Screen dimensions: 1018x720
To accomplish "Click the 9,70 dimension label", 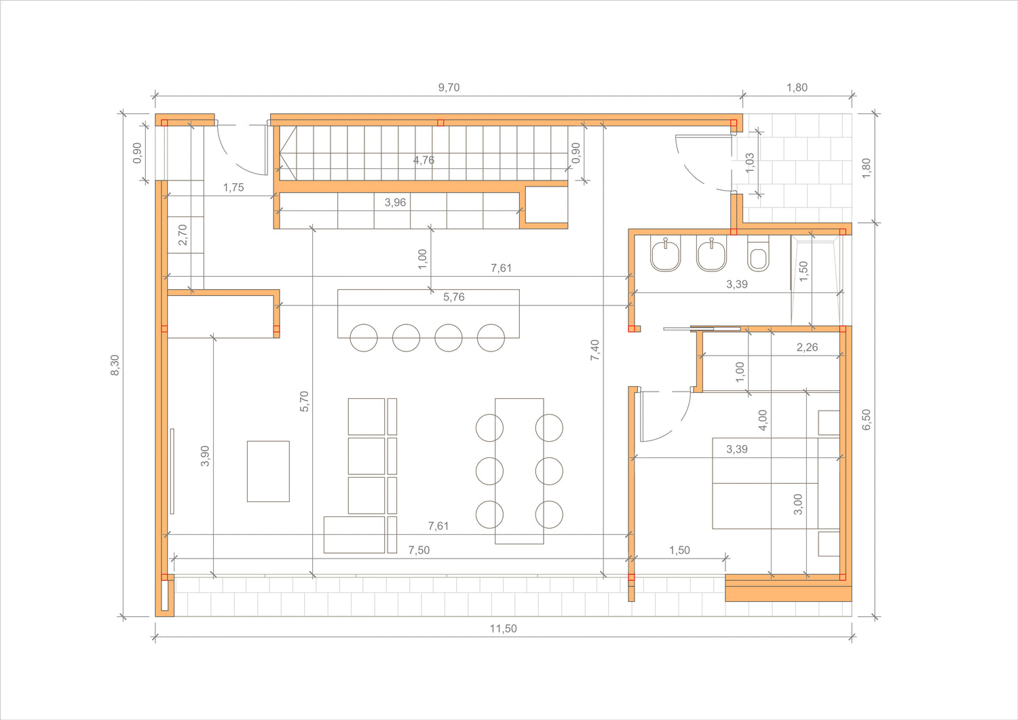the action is pos(449,88).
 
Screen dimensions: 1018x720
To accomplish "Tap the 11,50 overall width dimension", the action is pos(503,628).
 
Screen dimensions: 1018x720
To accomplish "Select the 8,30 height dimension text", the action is pos(115,365).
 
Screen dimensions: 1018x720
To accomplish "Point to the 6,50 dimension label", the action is pos(866,419).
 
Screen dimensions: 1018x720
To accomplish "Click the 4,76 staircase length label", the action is pos(423,160).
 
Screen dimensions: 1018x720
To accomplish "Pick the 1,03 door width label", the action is pos(750,163).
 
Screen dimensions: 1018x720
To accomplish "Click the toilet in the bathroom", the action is pos(758,253).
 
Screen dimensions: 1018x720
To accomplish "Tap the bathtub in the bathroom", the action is pos(816,280).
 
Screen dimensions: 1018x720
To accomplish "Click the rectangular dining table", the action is pos(519,471).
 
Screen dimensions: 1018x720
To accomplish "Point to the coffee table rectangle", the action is pos(268,471).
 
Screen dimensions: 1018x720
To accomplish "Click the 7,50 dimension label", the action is pos(419,550).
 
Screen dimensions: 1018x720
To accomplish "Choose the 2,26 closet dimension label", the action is pos(807,347).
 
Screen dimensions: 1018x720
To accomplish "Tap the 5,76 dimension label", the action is pos(453,297).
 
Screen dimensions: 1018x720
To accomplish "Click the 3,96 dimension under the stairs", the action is pos(395,202).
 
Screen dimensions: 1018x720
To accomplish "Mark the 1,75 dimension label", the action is pos(233,187).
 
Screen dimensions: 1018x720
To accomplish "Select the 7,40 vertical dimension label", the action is pos(595,350).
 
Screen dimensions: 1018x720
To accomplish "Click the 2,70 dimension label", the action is pos(183,235).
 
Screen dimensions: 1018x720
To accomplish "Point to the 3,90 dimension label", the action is pos(205,456).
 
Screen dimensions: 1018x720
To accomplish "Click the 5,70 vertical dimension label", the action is pos(304,401).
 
